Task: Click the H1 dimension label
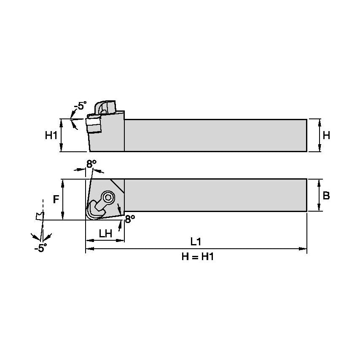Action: pyautogui.click(x=51, y=136)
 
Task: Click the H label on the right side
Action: pyautogui.click(x=326, y=135)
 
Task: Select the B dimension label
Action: pyautogui.click(x=326, y=196)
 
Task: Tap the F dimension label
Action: pyautogui.click(x=56, y=199)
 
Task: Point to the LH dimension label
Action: pyautogui.click(x=105, y=234)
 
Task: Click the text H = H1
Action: pyautogui.click(x=197, y=257)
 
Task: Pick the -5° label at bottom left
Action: pyautogui.click(x=40, y=248)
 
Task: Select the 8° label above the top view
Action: pyautogui.click(x=91, y=164)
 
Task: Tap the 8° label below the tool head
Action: pyautogui.click(x=130, y=219)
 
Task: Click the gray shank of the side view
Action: pyautogui.click(x=215, y=135)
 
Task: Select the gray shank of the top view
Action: pyautogui.click(x=215, y=195)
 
